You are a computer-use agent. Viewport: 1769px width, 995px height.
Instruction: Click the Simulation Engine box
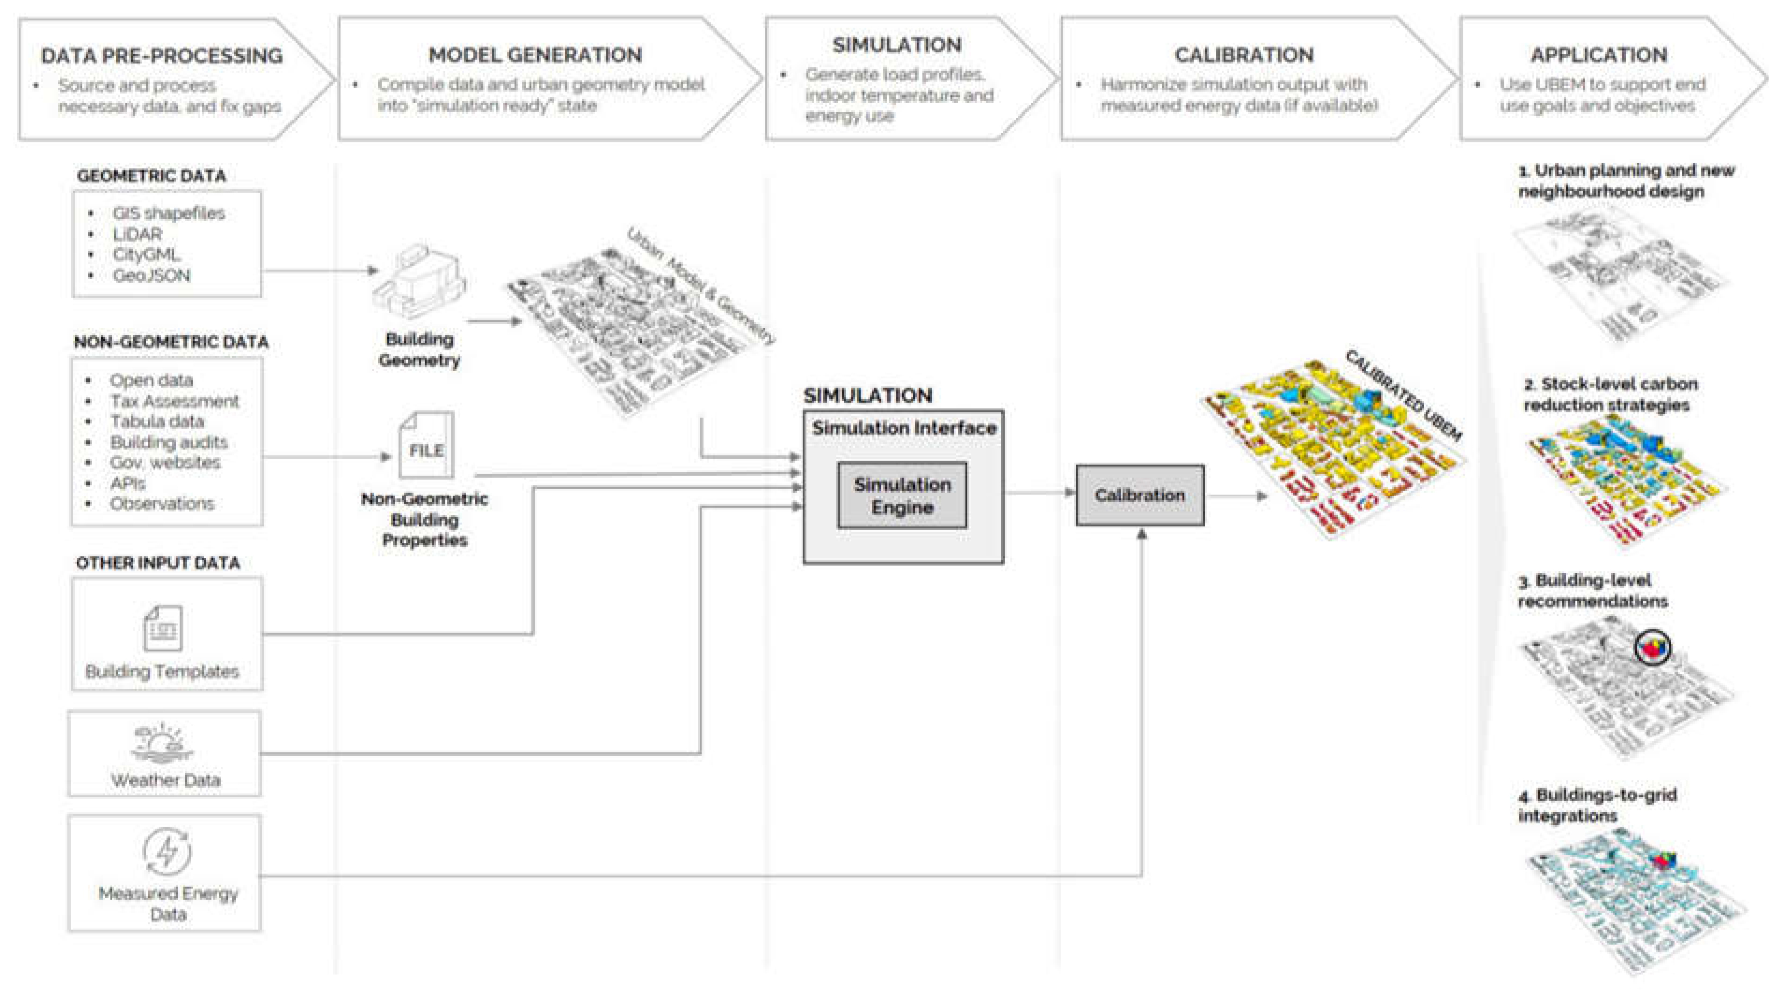(x=902, y=495)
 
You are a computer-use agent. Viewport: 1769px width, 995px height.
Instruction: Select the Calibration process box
(x=1139, y=495)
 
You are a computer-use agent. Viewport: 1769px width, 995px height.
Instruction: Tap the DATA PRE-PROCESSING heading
(x=162, y=55)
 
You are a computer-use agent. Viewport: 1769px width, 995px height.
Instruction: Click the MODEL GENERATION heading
(x=535, y=54)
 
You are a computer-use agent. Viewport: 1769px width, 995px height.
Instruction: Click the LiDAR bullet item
(x=138, y=234)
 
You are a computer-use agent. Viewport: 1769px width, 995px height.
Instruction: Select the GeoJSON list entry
(x=151, y=275)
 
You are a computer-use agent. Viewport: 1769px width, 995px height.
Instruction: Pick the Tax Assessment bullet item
(x=174, y=401)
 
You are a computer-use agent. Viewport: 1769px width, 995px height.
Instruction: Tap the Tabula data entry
(x=157, y=422)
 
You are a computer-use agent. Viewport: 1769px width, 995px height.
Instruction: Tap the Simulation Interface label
(x=904, y=428)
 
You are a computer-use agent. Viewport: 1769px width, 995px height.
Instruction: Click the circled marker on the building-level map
(x=1652, y=647)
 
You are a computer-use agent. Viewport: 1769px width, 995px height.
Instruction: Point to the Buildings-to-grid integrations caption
(x=1597, y=805)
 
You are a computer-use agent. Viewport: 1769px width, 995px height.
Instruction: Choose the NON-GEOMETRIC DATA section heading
(x=171, y=342)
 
